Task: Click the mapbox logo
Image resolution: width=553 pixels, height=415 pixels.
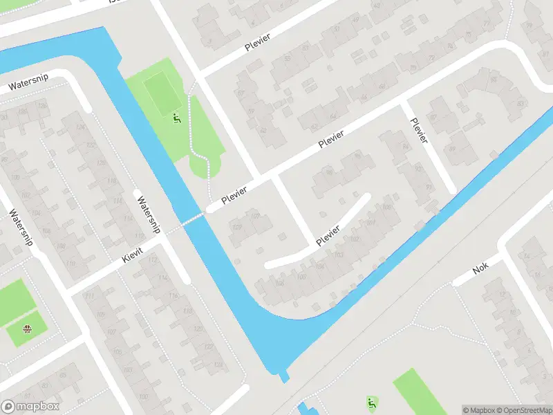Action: pyautogui.click(x=30, y=407)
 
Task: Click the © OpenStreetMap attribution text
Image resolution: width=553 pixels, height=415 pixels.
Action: pyautogui.click(x=524, y=410)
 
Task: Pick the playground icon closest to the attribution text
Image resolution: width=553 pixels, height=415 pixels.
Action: pyautogui.click(x=373, y=402)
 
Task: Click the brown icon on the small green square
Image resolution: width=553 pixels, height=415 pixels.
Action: pyautogui.click(x=27, y=329)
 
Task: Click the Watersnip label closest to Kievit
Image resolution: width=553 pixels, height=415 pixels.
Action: pyautogui.click(x=148, y=215)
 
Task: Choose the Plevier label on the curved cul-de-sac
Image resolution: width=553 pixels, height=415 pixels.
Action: pyautogui.click(x=328, y=235)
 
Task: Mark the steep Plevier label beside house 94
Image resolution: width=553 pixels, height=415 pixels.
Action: pyautogui.click(x=420, y=131)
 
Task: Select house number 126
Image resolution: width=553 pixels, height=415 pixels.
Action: pyautogui.click(x=42, y=106)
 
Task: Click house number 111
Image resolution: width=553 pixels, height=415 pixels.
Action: pyautogui.click(x=90, y=295)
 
